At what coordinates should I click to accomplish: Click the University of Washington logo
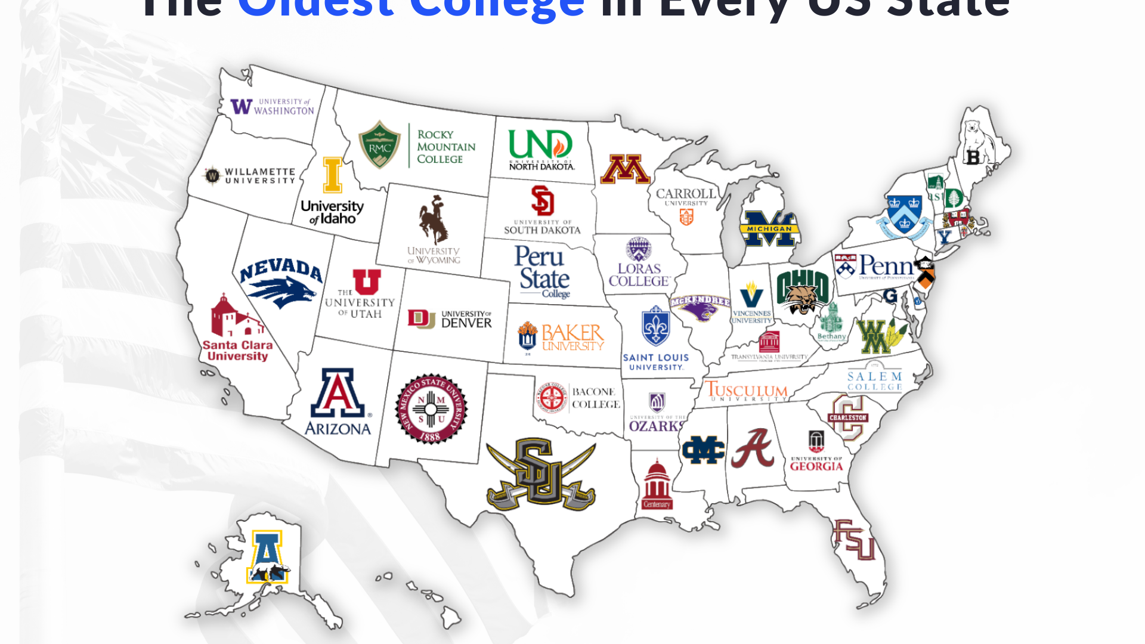coord(272,107)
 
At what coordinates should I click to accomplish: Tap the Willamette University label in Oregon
coord(250,176)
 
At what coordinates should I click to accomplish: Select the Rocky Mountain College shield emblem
coord(379,145)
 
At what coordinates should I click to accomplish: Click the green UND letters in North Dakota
coord(540,145)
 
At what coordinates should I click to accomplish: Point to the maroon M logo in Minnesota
coord(624,170)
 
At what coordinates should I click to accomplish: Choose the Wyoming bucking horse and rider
coord(433,219)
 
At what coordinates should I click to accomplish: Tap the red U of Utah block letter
coord(366,281)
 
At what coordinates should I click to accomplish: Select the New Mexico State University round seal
coord(431,409)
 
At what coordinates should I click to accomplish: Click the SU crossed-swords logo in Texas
coord(541,475)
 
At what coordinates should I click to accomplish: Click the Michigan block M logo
coord(769,228)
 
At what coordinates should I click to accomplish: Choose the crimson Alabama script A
coord(753,448)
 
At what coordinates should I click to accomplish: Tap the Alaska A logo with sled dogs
coord(267,557)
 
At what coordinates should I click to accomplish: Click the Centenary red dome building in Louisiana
coord(657,484)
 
